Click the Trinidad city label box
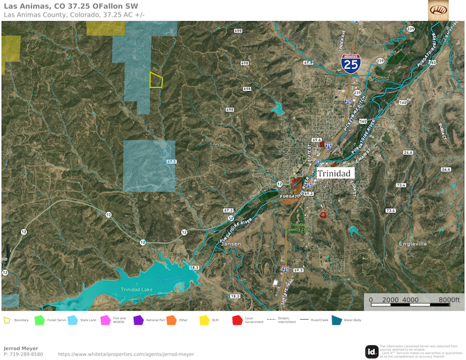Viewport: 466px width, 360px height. (x=334, y=172)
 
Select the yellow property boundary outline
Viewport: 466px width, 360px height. (x=156, y=80)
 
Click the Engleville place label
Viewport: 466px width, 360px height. (x=414, y=244)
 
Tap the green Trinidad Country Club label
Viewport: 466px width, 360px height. (x=300, y=227)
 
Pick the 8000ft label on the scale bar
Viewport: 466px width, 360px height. (x=448, y=300)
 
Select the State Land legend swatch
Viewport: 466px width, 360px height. (x=73, y=320)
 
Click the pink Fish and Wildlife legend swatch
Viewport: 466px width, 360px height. (x=106, y=320)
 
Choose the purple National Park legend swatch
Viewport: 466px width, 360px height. (x=138, y=320)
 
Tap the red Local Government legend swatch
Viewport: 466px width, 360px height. (x=236, y=320)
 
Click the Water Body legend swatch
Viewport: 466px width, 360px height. (x=336, y=320)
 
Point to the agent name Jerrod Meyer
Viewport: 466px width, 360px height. (x=22, y=348)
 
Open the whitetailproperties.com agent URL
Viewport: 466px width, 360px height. (x=126, y=354)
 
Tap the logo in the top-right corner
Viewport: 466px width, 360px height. (x=438, y=10)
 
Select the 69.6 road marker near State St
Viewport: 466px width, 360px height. (x=316, y=140)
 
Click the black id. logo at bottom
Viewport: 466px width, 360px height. (x=372, y=351)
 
